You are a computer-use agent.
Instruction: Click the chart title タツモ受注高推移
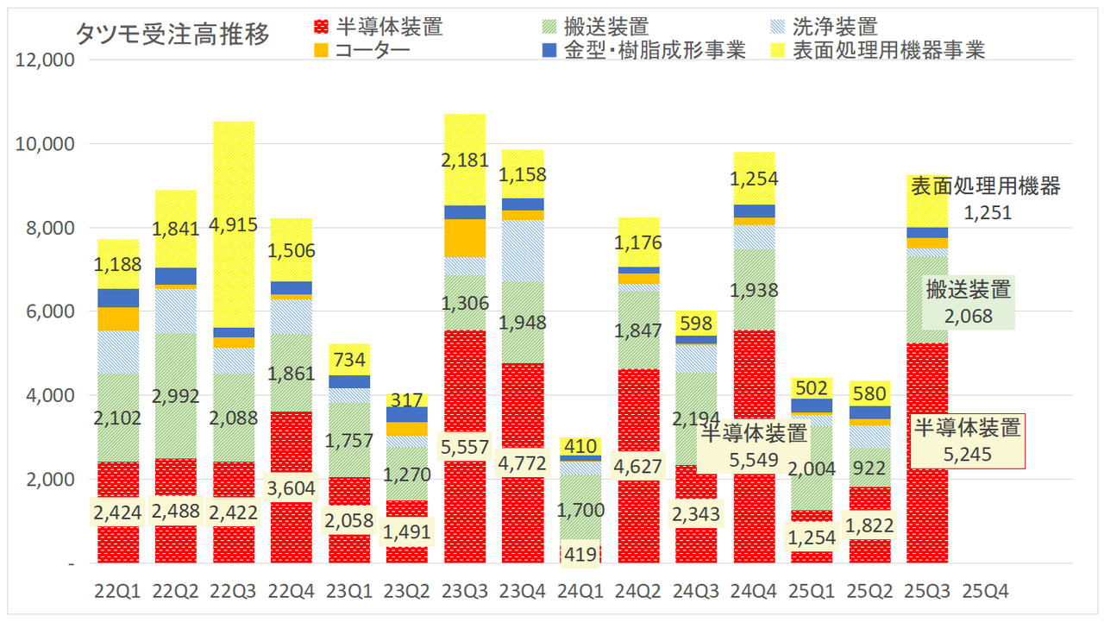point(172,34)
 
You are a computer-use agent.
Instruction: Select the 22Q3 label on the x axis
point(234,592)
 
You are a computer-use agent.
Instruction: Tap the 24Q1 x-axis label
point(580,592)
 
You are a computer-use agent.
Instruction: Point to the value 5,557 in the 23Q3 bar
point(465,447)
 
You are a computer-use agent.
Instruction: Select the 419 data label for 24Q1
point(580,553)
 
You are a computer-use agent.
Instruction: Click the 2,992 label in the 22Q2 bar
point(177,396)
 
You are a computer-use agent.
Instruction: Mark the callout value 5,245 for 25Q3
point(968,454)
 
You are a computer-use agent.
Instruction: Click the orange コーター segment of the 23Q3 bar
point(465,238)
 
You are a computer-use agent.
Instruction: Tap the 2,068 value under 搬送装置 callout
point(968,316)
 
